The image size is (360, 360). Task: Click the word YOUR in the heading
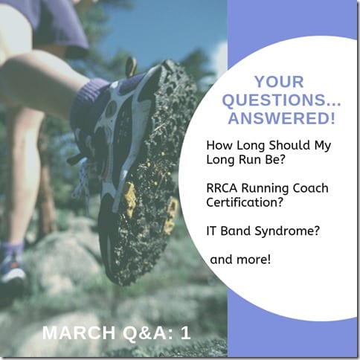tap(279, 82)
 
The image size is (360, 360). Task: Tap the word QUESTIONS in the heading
tap(274, 100)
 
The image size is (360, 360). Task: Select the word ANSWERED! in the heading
tap(282, 118)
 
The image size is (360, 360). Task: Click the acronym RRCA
tap(222, 188)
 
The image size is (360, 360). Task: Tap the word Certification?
tap(245, 202)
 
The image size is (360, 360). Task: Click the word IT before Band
tap(211, 231)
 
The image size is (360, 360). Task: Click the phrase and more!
tap(240, 260)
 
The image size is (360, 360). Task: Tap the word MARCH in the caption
tap(79, 332)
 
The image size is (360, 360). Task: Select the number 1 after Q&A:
tap(185, 332)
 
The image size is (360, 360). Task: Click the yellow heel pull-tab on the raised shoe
tap(131, 65)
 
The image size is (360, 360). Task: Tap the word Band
tap(236, 231)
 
